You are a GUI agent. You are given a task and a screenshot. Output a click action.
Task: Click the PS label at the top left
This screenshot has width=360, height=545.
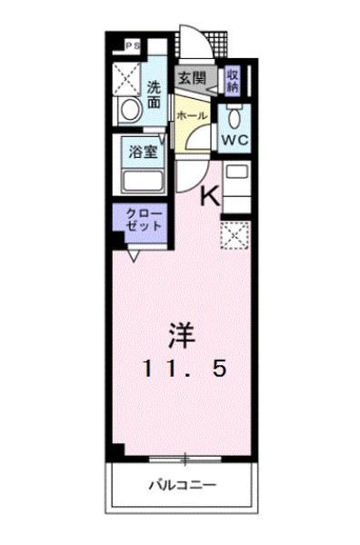133,45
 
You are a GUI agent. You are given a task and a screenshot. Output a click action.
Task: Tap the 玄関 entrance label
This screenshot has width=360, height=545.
193,78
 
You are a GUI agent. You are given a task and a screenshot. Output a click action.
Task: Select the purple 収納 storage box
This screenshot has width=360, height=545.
233,80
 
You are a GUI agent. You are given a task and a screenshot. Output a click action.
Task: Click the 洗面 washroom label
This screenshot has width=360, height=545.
154,94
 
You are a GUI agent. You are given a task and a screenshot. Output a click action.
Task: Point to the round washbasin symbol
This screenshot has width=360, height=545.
131,110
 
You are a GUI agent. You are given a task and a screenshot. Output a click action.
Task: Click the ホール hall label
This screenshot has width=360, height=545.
192,115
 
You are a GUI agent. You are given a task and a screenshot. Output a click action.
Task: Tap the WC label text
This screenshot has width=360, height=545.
235,140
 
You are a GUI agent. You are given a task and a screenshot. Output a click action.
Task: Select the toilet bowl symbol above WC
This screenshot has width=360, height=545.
235,118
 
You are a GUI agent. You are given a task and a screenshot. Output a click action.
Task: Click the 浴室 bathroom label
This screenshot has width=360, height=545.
144,152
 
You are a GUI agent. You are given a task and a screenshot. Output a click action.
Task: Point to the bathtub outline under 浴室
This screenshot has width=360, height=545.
143,183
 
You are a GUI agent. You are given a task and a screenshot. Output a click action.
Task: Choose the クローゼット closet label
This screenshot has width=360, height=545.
144,220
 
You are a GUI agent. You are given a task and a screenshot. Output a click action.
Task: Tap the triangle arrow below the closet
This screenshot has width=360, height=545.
134,256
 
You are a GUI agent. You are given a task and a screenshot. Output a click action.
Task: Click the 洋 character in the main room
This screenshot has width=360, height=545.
182,336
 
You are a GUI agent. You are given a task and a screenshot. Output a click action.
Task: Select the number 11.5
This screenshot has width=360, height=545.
185,369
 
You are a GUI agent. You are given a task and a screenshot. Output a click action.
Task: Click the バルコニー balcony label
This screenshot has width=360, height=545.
183,485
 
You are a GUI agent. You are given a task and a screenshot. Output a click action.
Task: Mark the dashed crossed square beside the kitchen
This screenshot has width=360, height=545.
235,235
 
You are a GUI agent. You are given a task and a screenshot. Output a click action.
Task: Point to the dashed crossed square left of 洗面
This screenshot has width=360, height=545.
127,79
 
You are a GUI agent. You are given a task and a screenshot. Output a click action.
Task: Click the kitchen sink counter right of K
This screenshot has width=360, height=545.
237,187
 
